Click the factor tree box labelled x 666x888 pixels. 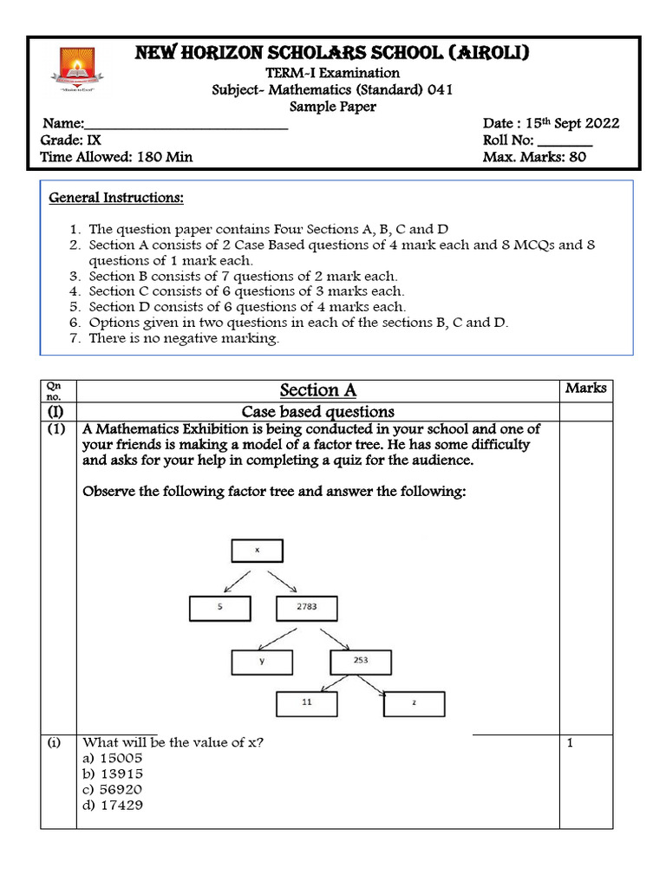(256, 551)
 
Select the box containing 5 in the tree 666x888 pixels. (220, 609)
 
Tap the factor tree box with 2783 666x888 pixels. (306, 609)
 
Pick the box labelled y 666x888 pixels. (262, 662)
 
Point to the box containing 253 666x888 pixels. (360, 661)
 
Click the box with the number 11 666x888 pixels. (306, 703)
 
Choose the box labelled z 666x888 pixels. (414, 703)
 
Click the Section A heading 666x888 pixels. (317, 390)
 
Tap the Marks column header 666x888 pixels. (585, 388)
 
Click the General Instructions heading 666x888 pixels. (116, 198)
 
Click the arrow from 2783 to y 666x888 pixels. (285, 636)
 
